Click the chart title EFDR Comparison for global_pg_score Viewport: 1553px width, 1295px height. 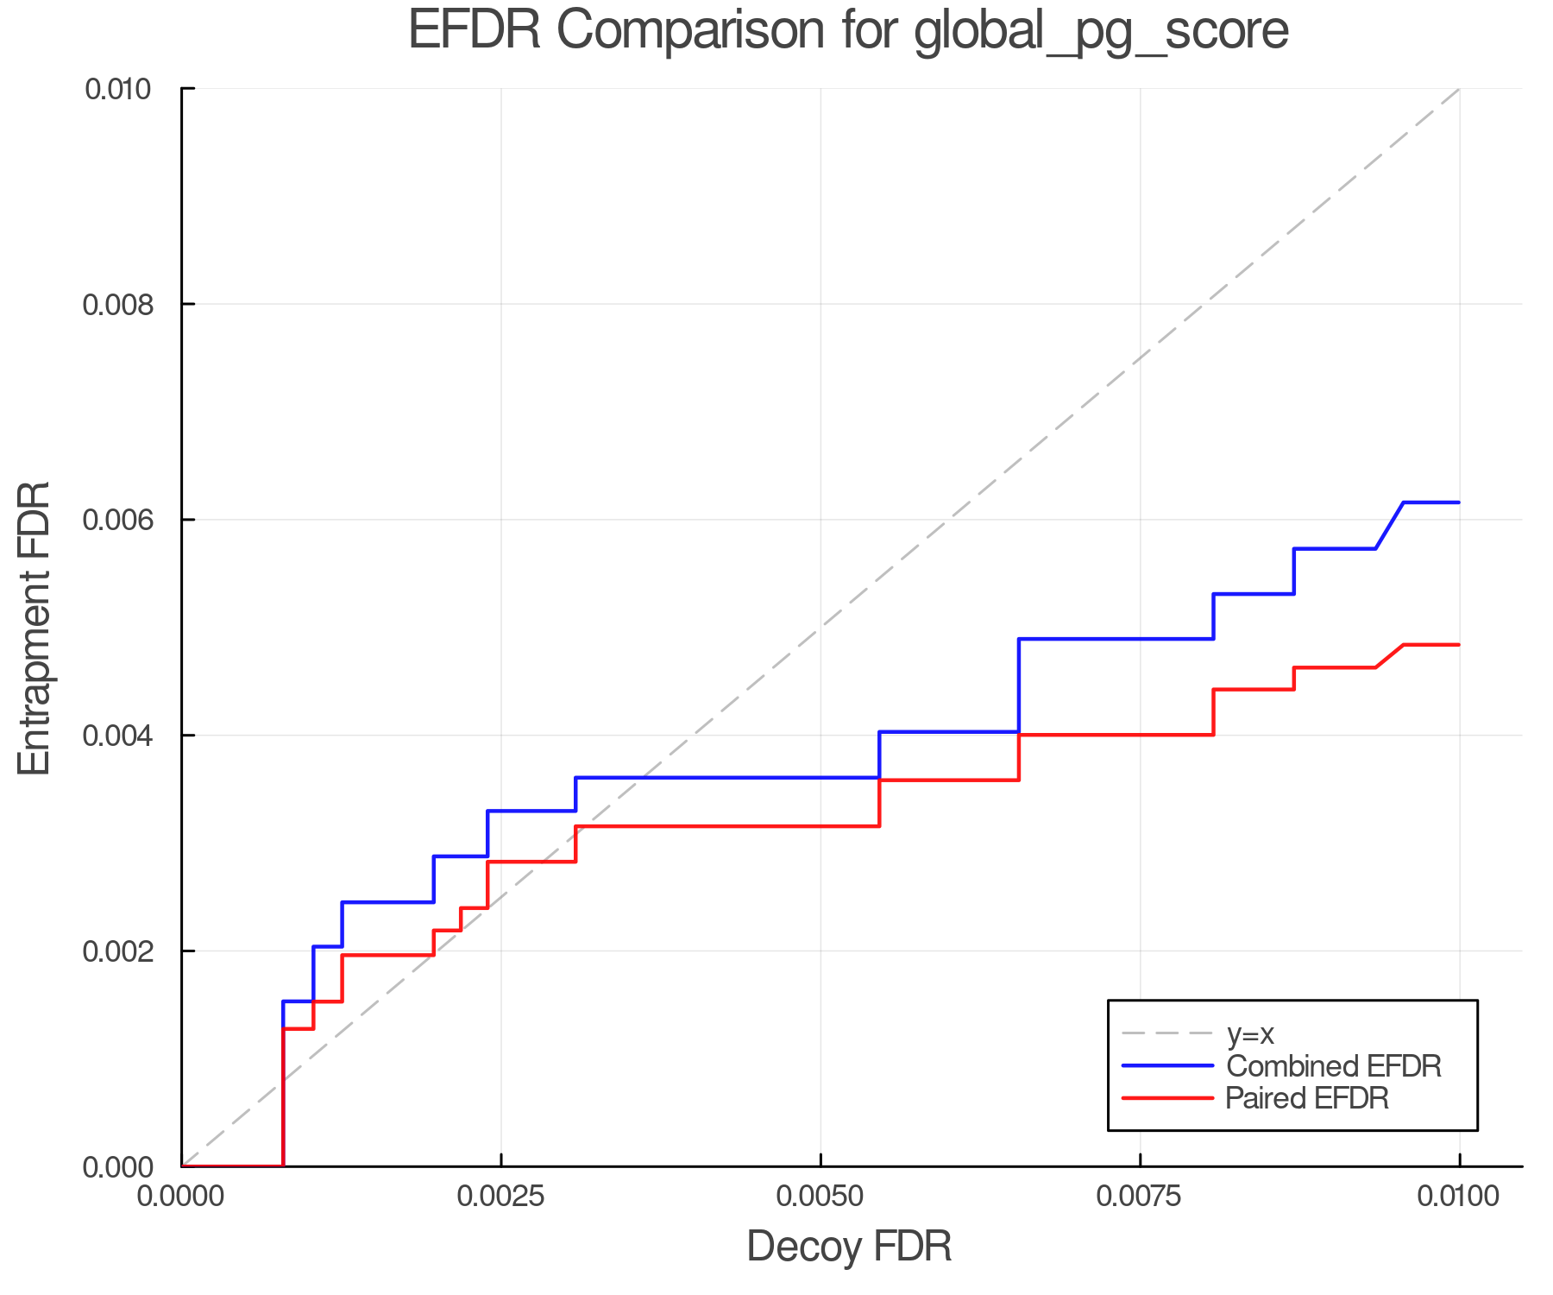coord(848,31)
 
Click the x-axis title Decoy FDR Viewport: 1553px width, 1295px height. coord(849,1247)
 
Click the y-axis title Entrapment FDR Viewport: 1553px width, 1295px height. coord(35,628)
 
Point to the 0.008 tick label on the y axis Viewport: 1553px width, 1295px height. coord(127,305)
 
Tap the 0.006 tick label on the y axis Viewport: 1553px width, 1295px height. coord(127,520)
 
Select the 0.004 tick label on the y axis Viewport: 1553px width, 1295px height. coord(127,736)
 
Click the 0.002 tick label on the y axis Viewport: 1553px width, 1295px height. coord(127,951)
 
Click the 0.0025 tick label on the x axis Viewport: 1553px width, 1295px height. coord(500,1197)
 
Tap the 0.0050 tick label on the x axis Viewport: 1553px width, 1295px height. coord(821,1197)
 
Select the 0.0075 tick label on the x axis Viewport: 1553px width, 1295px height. coord(1140,1197)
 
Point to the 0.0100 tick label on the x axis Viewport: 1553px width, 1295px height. coord(1459,1197)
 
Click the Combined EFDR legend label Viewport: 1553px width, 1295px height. coord(1333,1066)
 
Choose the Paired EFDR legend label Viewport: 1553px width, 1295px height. coord(1307,1098)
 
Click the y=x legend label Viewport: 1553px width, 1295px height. coord(1250,1033)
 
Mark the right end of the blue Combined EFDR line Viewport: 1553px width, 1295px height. coord(1459,502)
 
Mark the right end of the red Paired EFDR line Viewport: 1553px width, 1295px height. coord(1459,645)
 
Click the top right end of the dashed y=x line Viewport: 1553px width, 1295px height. coord(1459,89)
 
